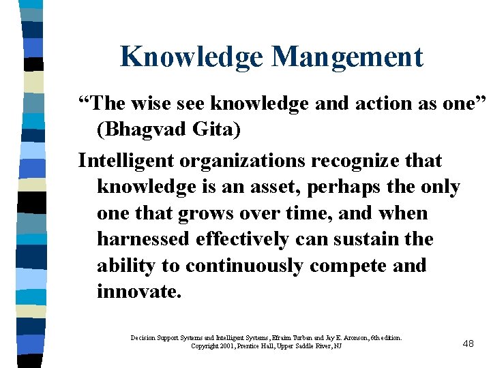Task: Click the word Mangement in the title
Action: (x=348, y=57)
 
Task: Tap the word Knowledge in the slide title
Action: (x=192, y=57)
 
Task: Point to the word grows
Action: (x=203, y=213)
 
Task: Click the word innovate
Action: (x=139, y=291)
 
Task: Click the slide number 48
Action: (x=468, y=343)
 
